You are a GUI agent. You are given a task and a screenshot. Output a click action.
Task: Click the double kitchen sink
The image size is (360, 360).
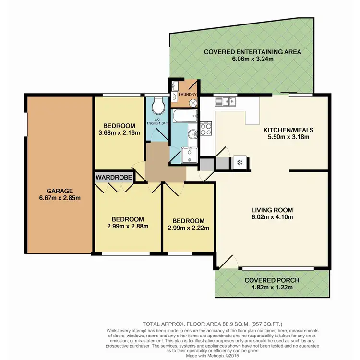tap(225, 101)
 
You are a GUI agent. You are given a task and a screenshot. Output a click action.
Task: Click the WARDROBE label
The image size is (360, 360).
tap(114, 177)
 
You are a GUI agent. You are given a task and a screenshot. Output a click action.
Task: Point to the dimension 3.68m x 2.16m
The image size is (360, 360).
tap(120, 132)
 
